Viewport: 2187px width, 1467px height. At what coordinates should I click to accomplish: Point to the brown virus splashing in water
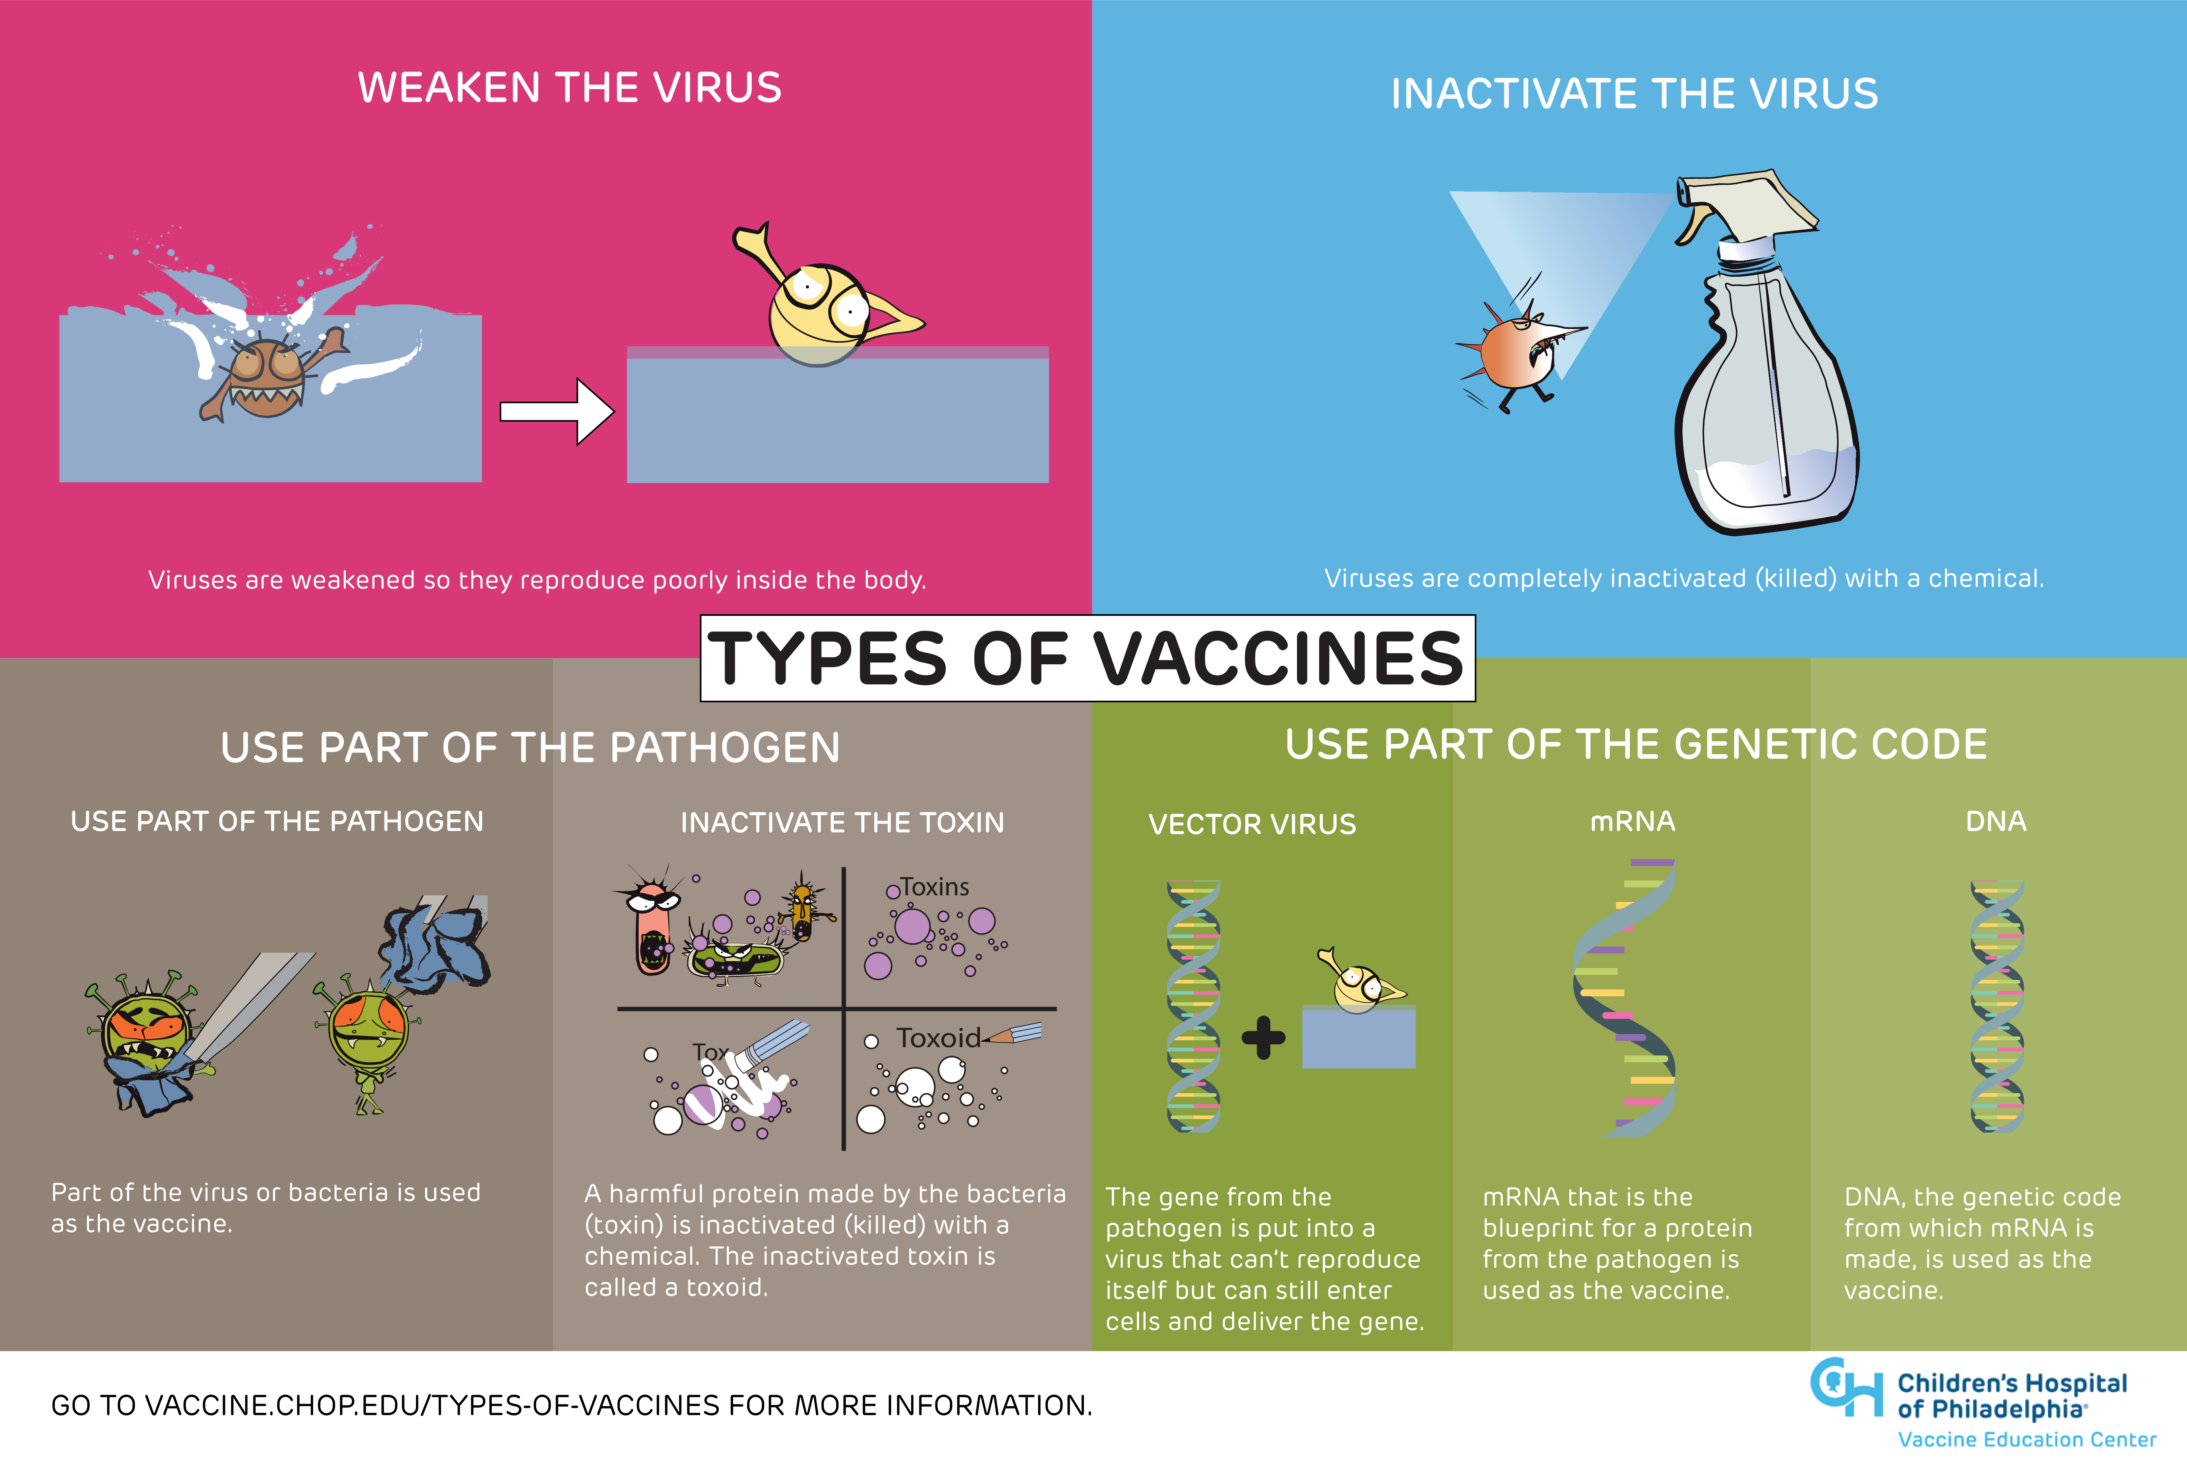[267, 374]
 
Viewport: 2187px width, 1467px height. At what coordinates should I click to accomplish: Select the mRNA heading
[1632, 821]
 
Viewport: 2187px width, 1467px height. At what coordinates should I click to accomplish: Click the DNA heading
[1995, 821]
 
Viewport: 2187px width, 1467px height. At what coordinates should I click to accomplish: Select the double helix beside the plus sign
[1193, 1006]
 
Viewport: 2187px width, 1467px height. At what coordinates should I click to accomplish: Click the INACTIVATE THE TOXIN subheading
[842, 822]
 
